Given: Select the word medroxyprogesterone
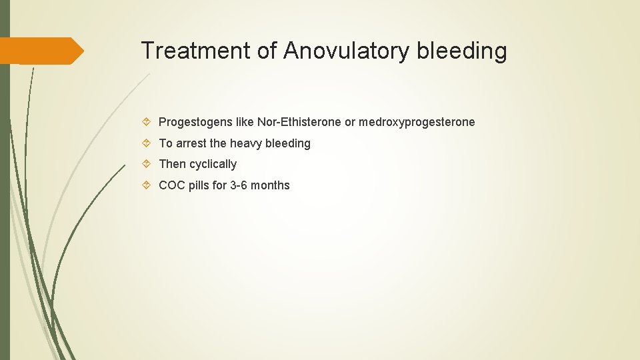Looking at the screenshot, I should point(417,122).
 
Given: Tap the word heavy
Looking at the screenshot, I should point(246,143).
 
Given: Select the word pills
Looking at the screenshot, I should point(199,185).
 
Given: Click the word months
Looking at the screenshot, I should point(271,185).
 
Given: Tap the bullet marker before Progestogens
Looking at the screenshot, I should point(147,122).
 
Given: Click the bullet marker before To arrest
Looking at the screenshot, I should point(147,143).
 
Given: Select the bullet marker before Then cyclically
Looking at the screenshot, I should point(147,164).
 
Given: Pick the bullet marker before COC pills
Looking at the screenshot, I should point(147,185).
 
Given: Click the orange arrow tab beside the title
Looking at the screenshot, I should point(42,51).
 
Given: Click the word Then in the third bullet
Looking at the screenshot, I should point(172,164).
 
